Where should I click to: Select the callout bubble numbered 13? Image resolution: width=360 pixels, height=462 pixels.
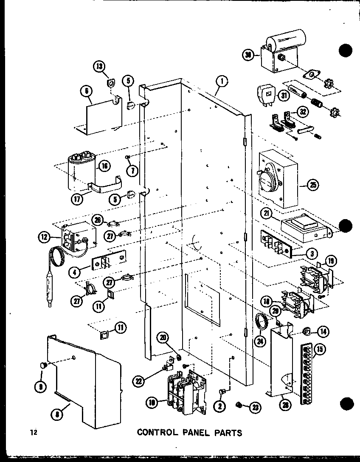click(x=98, y=67)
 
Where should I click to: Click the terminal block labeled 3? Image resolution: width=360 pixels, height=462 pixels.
click(x=276, y=245)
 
